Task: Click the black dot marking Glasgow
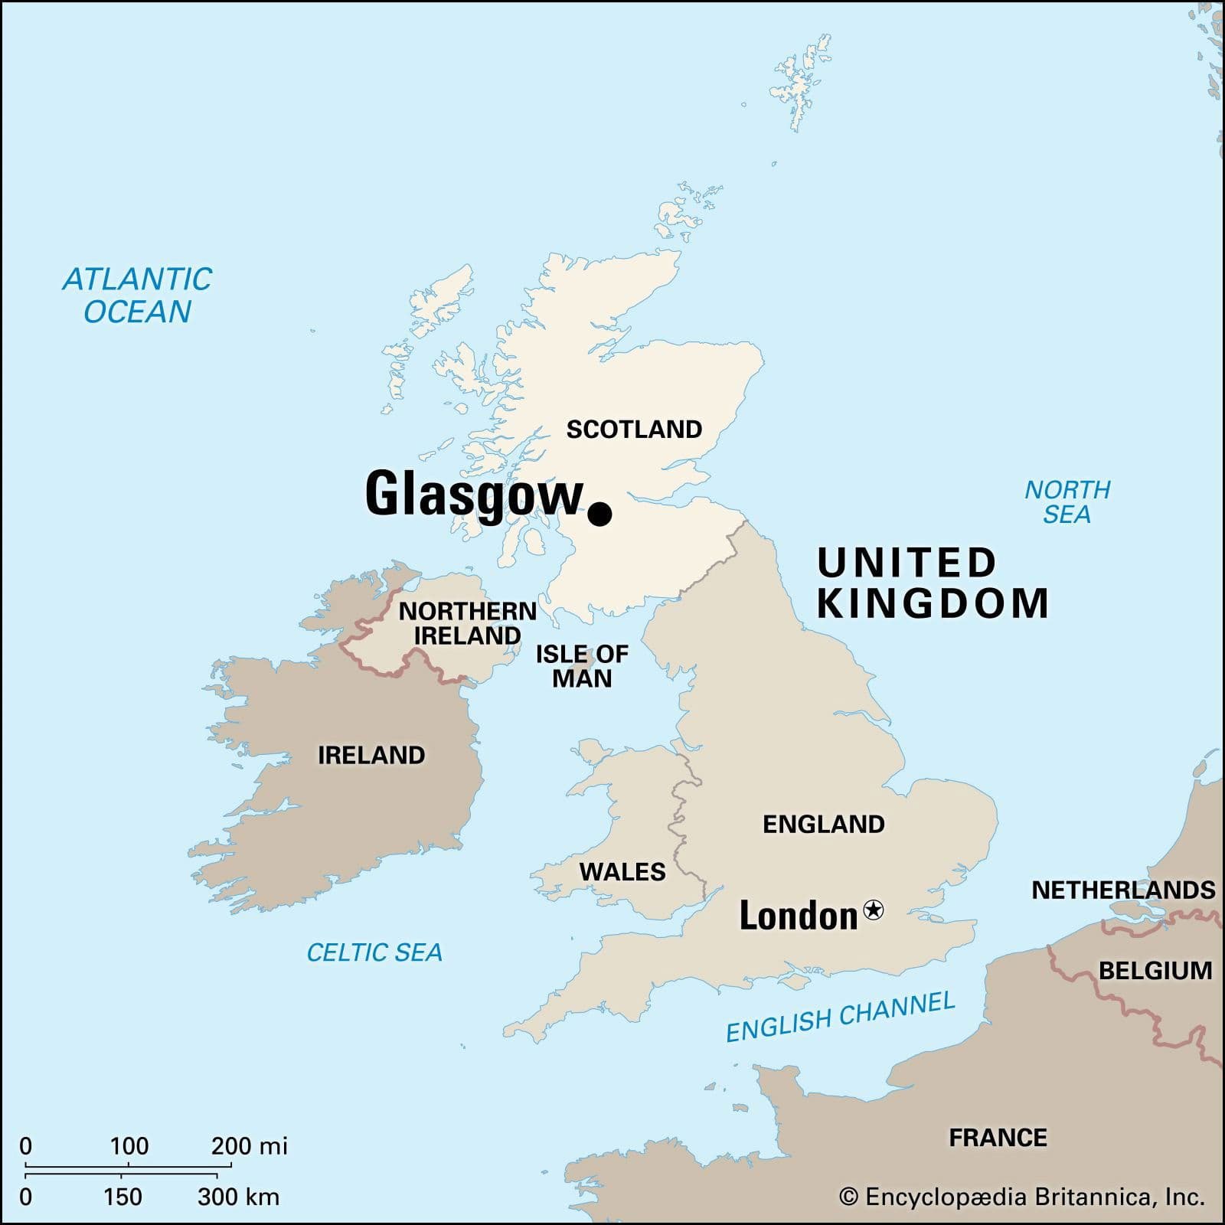tap(599, 514)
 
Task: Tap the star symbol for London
tap(873, 910)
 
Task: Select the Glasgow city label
tap(474, 494)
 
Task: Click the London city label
tap(798, 916)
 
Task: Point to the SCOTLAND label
tap(634, 430)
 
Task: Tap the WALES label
tap(622, 871)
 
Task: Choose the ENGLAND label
tap(824, 824)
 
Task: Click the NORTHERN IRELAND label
tap(467, 623)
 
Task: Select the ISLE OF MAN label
tap(582, 666)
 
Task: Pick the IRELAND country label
tap(371, 755)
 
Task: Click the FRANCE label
tap(998, 1138)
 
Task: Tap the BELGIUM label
tap(1155, 970)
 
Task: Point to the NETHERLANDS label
tap(1123, 890)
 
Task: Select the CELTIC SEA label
tap(374, 952)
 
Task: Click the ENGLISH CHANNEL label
tap(841, 1016)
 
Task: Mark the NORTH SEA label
tap(1067, 501)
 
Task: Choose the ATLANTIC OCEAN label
tap(137, 296)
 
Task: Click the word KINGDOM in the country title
tap(933, 603)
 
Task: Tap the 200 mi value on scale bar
tap(249, 1146)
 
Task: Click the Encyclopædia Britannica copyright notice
tap(1022, 1197)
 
